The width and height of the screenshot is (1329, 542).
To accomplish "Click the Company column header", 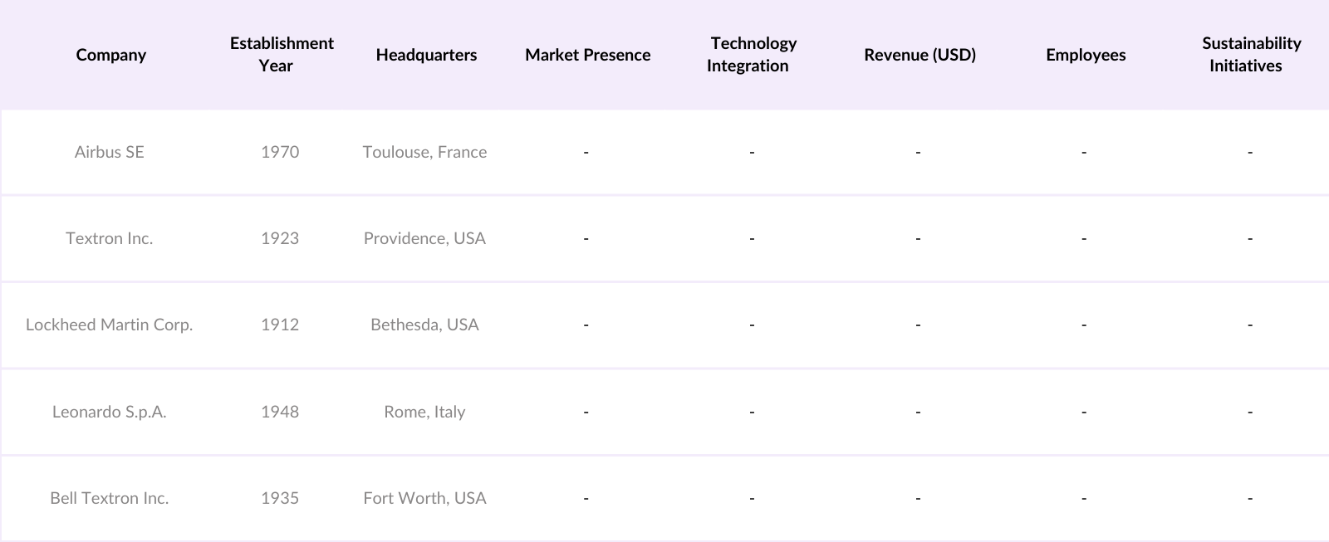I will click(x=110, y=55).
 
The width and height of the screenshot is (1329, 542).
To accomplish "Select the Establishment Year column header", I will click(x=282, y=55).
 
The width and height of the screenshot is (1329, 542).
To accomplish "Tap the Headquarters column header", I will click(x=426, y=55).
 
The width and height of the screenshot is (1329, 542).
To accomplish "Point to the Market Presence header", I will click(x=587, y=55).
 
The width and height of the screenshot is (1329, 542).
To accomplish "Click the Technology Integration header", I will click(x=752, y=55).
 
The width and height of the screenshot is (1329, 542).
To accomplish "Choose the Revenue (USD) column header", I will click(x=920, y=55).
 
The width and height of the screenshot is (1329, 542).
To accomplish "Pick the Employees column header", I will click(x=1086, y=55).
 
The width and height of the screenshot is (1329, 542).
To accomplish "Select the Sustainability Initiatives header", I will click(x=1251, y=55).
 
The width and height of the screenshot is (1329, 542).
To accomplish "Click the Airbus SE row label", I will click(x=109, y=152).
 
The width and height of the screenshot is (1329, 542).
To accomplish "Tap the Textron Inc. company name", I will click(x=109, y=238).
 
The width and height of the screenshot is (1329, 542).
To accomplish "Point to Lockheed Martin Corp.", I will click(x=109, y=325).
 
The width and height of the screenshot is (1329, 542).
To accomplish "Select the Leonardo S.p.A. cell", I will click(x=109, y=412).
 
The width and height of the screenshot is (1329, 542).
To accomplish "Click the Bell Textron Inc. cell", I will click(x=109, y=498).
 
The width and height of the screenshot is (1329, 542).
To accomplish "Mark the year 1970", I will click(x=280, y=152).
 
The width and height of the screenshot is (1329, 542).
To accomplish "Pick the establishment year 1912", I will click(x=280, y=325).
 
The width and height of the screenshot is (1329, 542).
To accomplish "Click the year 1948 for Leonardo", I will click(x=280, y=412).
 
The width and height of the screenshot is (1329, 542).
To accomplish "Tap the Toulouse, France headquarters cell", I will click(x=424, y=152).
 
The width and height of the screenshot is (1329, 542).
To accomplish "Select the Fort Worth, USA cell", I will click(x=424, y=498).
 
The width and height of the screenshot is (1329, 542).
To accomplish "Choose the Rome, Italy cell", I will click(x=424, y=412).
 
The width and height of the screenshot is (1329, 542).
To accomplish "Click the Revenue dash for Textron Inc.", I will click(x=918, y=238).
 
